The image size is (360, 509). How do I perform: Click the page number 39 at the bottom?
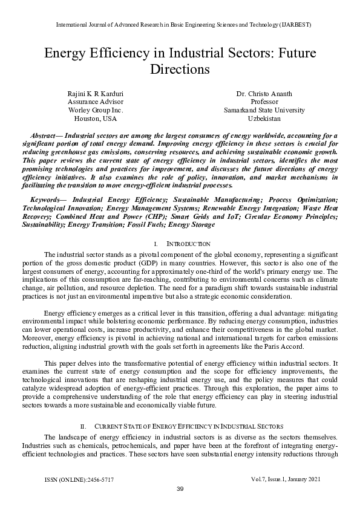coord(180,489)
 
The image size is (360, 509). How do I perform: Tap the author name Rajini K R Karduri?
coord(95,94)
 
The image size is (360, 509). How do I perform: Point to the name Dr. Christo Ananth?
coord(264,94)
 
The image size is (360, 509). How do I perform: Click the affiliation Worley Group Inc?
coord(95,111)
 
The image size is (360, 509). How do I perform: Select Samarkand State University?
coord(264,111)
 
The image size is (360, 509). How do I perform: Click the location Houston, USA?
coord(95,119)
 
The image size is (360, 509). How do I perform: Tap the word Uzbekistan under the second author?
coord(264,119)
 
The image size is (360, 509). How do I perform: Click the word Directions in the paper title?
coord(180,69)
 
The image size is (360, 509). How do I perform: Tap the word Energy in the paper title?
coord(66,52)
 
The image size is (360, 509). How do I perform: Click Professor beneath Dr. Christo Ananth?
coord(264,102)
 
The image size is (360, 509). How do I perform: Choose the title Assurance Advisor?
coord(95,102)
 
